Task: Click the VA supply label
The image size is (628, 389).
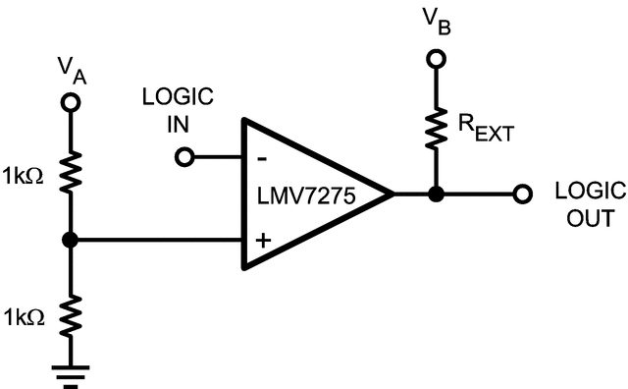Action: coord(70,70)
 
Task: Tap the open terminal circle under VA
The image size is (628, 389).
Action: coord(70,102)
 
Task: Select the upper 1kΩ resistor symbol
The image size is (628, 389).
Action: coord(70,168)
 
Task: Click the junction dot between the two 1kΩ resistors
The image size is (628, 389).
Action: coord(70,240)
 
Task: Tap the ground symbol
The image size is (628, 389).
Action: coord(70,373)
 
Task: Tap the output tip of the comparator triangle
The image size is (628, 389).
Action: coord(392,194)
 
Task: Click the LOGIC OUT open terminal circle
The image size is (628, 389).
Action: coord(524,194)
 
